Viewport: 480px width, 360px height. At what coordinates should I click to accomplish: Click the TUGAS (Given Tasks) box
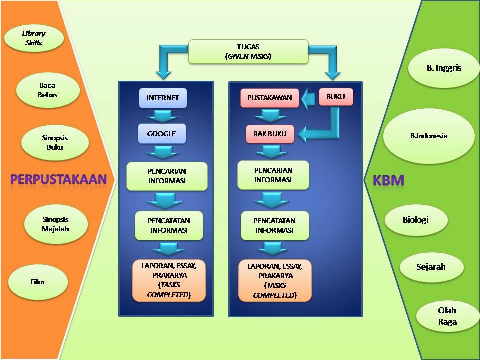pyautogui.click(x=248, y=51)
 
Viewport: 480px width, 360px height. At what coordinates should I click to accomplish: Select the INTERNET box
pyautogui.click(x=163, y=98)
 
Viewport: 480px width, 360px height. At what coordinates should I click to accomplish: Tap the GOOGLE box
pyautogui.click(x=162, y=134)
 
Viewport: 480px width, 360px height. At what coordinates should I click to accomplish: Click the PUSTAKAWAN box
pyautogui.click(x=269, y=98)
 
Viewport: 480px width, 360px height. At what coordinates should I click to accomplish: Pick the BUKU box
pyautogui.click(x=336, y=97)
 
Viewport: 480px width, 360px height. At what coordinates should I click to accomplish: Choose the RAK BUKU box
pyautogui.click(x=270, y=134)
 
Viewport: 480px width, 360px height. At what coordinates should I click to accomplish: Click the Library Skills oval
pyautogui.click(x=34, y=38)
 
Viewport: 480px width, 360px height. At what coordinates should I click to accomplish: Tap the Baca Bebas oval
pyautogui.click(x=48, y=90)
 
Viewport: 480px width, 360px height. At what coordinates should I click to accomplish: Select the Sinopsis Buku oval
pyautogui.click(x=55, y=142)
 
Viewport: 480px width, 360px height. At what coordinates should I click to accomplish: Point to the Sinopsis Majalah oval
pyautogui.click(x=55, y=224)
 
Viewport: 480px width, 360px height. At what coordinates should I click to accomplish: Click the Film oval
pyautogui.click(x=38, y=282)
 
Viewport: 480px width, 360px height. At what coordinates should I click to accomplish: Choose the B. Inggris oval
pyautogui.click(x=444, y=68)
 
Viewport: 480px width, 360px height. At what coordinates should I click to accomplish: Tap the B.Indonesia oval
pyautogui.click(x=429, y=136)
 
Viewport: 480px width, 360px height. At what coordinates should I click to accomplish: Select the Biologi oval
pyautogui.click(x=416, y=220)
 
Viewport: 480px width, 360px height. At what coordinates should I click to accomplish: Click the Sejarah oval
pyautogui.click(x=431, y=267)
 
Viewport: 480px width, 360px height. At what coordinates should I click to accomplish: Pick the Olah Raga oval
pyautogui.click(x=447, y=316)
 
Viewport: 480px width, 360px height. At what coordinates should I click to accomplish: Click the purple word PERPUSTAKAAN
pyautogui.click(x=59, y=179)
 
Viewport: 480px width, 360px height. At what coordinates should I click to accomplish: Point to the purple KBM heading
pyautogui.click(x=388, y=180)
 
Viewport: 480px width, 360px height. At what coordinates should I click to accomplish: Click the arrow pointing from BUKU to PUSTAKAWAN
pyautogui.click(x=308, y=98)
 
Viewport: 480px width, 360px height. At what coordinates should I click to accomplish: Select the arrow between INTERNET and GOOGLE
pyautogui.click(x=163, y=116)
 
